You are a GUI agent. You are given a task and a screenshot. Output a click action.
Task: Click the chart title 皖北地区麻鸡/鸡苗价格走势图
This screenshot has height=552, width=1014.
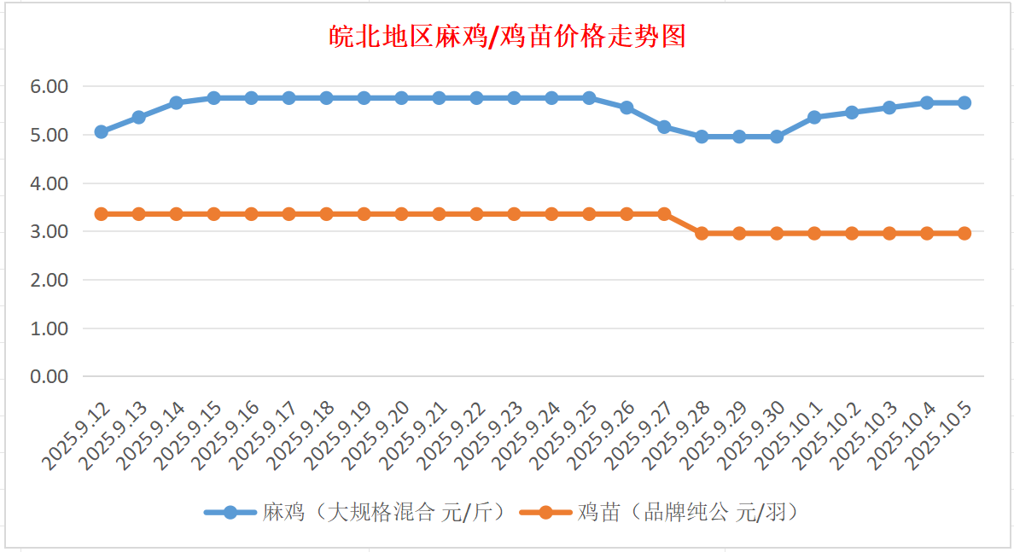508,37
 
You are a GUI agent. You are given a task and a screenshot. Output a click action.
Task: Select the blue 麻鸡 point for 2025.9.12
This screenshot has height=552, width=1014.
101,131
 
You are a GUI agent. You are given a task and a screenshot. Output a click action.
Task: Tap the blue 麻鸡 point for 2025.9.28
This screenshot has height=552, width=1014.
702,137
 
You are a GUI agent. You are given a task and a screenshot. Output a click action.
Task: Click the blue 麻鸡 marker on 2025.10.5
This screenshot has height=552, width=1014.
964,102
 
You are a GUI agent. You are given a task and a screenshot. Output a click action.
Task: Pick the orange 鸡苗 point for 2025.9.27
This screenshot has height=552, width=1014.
664,213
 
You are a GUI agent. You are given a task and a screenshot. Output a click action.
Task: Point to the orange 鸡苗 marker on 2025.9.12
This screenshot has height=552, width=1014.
101,213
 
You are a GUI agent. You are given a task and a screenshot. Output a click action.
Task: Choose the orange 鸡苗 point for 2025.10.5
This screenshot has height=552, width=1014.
964,233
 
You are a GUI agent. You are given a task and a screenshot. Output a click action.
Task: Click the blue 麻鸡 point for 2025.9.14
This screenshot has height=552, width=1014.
176,102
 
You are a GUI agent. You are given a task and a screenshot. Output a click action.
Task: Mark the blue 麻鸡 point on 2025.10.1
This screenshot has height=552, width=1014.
814,117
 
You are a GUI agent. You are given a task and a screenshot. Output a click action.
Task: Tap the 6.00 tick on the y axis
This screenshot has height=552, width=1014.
49,86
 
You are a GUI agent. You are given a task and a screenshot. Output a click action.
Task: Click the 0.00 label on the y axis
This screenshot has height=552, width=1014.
49,376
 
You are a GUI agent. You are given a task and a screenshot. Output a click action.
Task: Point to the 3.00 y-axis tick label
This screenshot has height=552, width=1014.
49,231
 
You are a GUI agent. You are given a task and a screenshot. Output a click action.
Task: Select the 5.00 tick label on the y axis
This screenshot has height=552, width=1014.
49,135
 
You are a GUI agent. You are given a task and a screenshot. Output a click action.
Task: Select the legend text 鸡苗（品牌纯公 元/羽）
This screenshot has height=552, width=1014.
687,512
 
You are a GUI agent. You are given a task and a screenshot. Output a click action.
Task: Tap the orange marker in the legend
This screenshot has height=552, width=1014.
544,512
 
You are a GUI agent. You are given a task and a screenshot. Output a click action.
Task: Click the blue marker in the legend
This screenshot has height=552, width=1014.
230,512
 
